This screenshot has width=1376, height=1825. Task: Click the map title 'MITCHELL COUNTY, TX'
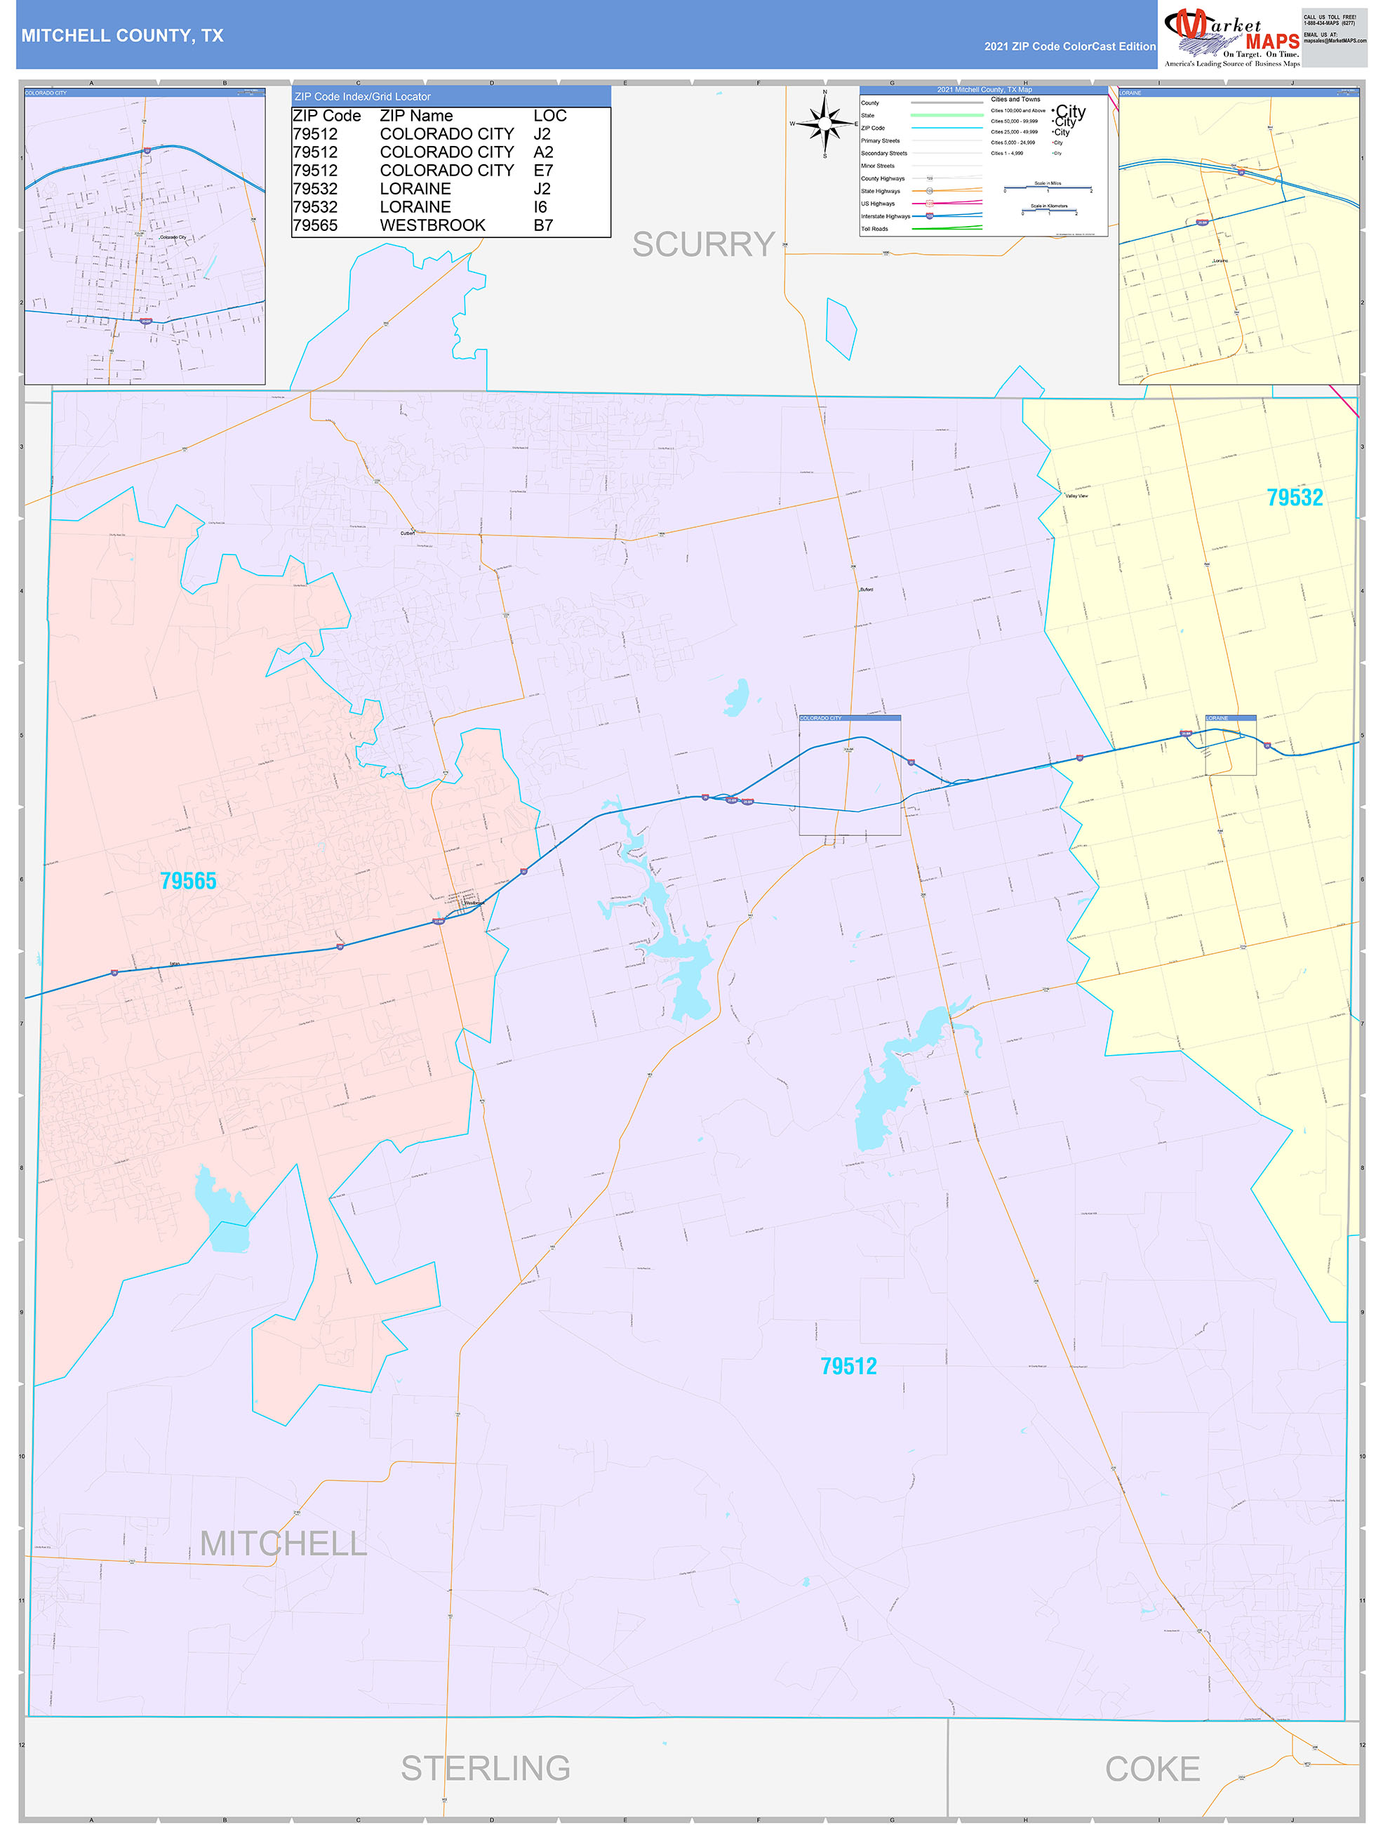[122, 36]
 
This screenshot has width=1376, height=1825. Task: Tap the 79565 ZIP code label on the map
[188, 881]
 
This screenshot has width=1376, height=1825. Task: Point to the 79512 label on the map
[848, 1366]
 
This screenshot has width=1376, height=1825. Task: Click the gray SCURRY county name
[703, 244]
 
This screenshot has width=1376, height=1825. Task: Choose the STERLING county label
[485, 1769]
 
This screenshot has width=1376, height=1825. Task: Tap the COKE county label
[1151, 1769]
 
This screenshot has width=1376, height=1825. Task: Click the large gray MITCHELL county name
[283, 1544]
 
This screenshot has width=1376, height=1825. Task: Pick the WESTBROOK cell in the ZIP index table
[432, 225]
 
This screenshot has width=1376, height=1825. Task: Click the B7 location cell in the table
[543, 225]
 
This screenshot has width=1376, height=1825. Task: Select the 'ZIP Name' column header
[416, 117]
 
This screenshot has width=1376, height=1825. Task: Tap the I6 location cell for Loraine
[540, 207]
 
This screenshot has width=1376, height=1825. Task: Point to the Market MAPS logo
[1231, 37]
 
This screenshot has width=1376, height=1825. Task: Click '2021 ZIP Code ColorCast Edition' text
[1069, 47]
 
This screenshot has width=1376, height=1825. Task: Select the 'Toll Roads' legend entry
[874, 230]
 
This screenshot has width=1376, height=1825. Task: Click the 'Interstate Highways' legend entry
[885, 216]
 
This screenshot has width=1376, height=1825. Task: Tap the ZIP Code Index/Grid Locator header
[362, 97]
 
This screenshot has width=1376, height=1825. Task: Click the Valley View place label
[1076, 496]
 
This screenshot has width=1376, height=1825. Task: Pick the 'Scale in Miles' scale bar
[1048, 187]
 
